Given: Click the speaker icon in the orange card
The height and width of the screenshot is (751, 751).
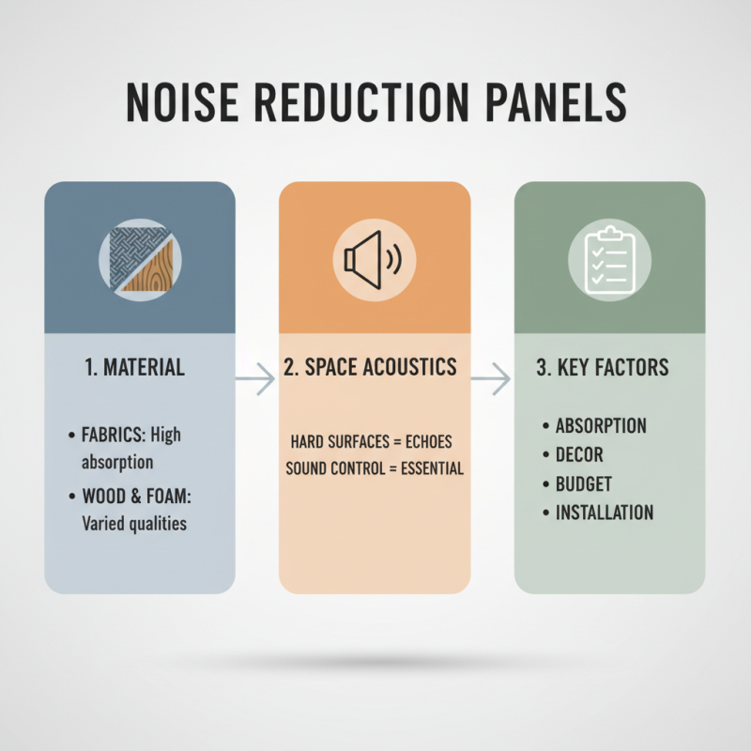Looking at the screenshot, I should coord(374,259).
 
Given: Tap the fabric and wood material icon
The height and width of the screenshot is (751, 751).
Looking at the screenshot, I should coord(140,258).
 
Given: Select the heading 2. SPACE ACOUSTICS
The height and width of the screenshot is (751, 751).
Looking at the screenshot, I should coord(374,367).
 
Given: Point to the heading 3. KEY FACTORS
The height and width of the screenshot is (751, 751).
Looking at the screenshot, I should coord(603,367).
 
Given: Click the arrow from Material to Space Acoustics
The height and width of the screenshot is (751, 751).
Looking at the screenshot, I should coord(254,379).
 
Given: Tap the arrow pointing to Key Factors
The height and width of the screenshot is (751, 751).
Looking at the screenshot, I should coord(490,379).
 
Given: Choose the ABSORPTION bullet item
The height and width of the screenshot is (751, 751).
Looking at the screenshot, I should coord(601,425).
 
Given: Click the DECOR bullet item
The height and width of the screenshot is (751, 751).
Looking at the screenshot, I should coord(579,454).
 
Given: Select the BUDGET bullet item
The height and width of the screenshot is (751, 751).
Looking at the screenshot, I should coord(583,483).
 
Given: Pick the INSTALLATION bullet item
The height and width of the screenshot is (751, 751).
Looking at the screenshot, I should coord(605,513).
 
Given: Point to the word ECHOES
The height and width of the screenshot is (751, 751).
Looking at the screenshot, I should coord(428,440).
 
